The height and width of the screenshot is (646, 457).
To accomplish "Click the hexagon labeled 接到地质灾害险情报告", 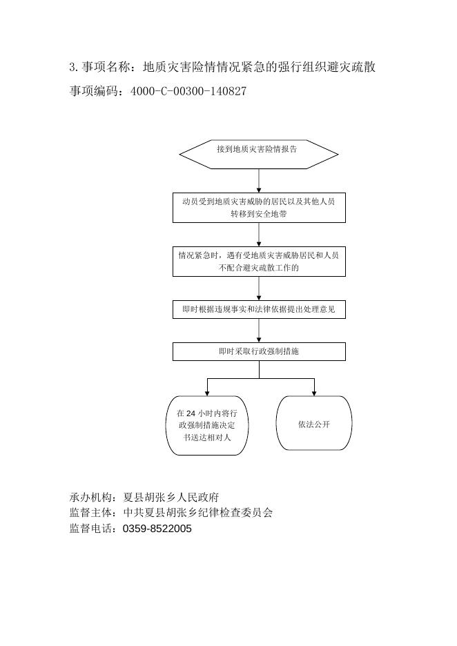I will pyautogui.click(x=259, y=154).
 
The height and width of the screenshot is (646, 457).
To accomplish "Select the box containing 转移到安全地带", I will pyautogui.click(x=259, y=208).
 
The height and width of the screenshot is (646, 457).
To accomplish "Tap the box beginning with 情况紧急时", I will pyautogui.click(x=259, y=262).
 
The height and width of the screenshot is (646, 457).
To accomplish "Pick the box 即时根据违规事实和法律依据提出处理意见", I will pyautogui.click(x=259, y=310).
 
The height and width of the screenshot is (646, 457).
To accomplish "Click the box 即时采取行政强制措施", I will pyautogui.click(x=259, y=352).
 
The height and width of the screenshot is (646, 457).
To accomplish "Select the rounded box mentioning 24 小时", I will pyautogui.click(x=207, y=425).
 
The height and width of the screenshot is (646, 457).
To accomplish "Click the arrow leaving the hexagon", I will pyautogui.click(x=259, y=181).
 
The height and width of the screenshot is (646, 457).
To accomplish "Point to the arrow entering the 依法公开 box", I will pyautogui.click(x=314, y=387).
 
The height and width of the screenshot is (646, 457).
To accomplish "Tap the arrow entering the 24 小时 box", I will pyautogui.click(x=207, y=387).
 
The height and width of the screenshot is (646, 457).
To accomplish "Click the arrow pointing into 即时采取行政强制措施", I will pyautogui.click(x=259, y=331).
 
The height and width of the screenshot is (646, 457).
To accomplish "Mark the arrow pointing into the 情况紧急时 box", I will pyautogui.click(x=259, y=235).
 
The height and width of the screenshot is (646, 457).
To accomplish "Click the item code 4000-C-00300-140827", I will pyautogui.click(x=188, y=91).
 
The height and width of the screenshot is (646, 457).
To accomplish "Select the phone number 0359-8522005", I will pyautogui.click(x=157, y=529).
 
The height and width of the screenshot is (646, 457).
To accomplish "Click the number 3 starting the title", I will pyautogui.click(x=72, y=68).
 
